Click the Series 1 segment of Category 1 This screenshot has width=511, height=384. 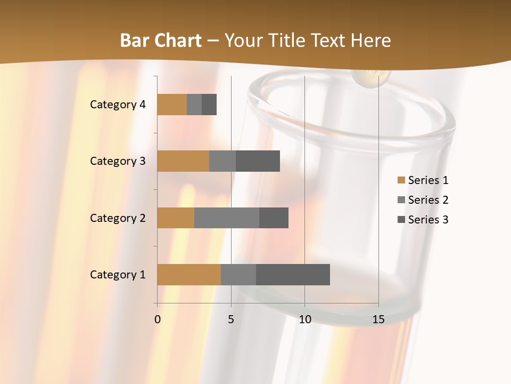(x=189, y=275)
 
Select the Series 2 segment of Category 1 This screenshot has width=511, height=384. (x=238, y=275)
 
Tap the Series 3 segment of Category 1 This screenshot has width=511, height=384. (x=293, y=275)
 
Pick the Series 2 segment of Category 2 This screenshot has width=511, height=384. (x=227, y=218)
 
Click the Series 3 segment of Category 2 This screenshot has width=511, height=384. (x=274, y=218)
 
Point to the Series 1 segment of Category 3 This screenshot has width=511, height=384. (x=183, y=161)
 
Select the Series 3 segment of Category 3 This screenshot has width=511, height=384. (x=258, y=161)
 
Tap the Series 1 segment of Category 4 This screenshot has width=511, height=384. (x=172, y=105)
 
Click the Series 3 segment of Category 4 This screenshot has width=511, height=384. (x=209, y=105)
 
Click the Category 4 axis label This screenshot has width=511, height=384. (x=118, y=105)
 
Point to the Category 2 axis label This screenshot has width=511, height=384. (x=118, y=218)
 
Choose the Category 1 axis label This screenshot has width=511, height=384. (x=118, y=275)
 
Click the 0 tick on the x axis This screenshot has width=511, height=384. (x=158, y=319)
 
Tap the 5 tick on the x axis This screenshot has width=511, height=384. (x=231, y=319)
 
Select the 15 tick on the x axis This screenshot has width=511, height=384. (x=378, y=319)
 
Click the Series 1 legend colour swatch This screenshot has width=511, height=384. (x=401, y=180)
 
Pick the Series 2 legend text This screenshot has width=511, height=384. (x=428, y=200)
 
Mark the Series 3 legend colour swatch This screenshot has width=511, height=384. (x=401, y=220)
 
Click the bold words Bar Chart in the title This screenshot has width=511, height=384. (x=160, y=41)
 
